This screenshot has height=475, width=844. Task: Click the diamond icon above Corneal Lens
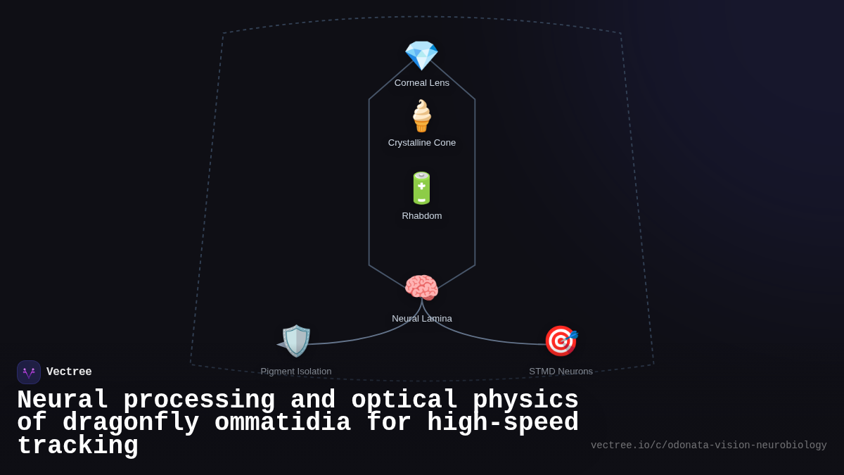421,55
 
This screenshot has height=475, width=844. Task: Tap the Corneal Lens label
422,83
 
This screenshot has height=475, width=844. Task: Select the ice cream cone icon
421,116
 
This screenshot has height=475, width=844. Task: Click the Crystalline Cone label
422,143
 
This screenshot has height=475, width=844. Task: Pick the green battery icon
421,188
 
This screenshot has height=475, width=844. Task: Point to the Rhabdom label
422,216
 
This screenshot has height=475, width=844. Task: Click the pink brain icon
421,288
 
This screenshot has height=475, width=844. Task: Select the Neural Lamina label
422,319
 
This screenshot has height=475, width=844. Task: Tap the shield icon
295,341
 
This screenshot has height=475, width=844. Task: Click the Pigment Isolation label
296,372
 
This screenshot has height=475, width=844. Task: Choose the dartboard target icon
561,341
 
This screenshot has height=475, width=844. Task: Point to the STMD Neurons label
561,372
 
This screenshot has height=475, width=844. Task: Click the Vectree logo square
29,372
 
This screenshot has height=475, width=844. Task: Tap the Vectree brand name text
69,372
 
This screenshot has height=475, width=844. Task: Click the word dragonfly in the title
131,423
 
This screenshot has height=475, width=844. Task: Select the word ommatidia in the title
283,423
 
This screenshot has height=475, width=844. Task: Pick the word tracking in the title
77,446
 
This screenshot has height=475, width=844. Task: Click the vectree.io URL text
708,445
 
